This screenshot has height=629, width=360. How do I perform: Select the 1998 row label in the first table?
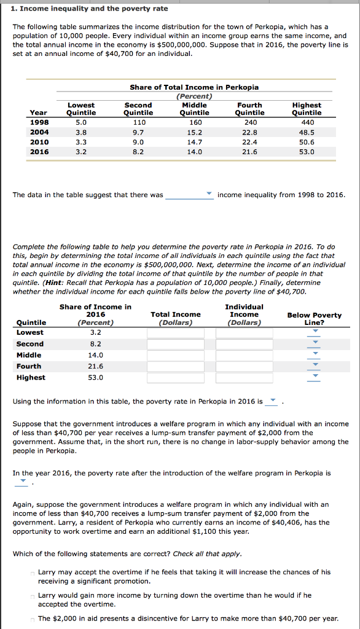click(39, 122)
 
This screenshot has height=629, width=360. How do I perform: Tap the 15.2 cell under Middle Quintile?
click(194, 132)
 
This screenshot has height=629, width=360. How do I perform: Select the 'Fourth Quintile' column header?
click(249, 109)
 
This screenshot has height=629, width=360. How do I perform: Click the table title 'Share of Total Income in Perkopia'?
click(194, 87)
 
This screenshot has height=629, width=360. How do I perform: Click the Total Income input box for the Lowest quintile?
click(175, 333)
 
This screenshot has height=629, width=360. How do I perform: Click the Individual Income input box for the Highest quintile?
click(244, 378)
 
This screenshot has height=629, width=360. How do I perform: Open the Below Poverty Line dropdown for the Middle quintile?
click(315, 355)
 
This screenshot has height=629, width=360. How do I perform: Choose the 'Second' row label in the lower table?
click(29, 344)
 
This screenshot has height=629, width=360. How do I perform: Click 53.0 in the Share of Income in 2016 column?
click(95, 377)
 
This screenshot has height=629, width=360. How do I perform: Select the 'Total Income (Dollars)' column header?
click(175, 318)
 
